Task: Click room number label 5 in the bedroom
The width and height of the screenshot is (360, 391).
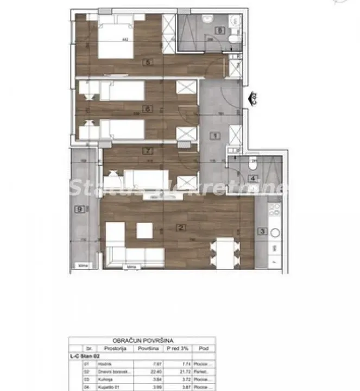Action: click(x=148, y=62)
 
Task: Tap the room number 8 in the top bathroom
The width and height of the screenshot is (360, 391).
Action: click(x=219, y=31)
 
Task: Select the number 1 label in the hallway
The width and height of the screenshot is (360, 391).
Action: click(x=215, y=136)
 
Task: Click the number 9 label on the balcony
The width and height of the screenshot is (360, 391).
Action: click(x=80, y=207)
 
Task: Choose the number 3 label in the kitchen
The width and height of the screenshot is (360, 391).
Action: click(x=262, y=232)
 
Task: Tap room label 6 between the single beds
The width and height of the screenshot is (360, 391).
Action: click(x=147, y=109)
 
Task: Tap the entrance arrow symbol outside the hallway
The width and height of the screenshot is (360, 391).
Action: click(x=253, y=99)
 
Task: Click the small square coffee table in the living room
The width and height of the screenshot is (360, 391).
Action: click(x=144, y=230)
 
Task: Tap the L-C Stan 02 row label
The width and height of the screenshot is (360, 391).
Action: click(x=83, y=356)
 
